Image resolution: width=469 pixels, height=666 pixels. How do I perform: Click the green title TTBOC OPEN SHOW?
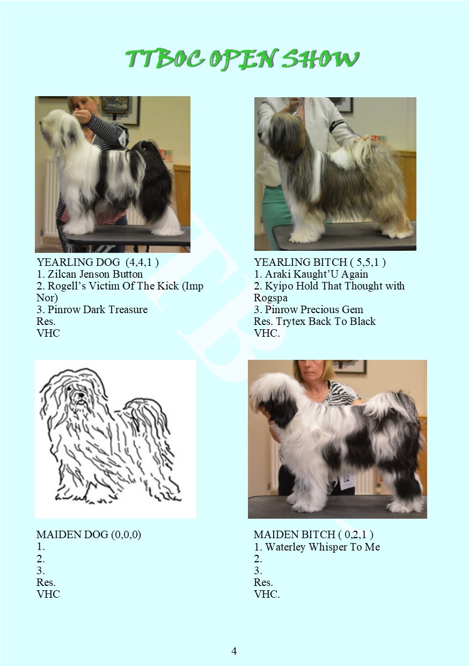tap(243, 59)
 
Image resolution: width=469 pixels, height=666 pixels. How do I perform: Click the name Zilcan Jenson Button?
tap(95, 274)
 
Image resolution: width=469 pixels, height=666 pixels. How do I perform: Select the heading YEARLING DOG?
tap(78, 262)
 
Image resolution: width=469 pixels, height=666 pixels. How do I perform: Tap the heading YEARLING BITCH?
tap(301, 262)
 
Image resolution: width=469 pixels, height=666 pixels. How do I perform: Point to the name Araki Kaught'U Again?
tap(316, 274)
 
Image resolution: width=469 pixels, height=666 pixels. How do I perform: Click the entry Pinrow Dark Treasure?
tap(98, 309)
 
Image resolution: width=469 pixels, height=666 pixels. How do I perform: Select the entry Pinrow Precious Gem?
tap(314, 309)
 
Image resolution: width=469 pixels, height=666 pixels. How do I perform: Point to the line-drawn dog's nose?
tap(80, 395)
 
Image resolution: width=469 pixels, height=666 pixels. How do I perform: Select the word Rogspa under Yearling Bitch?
tap(270, 298)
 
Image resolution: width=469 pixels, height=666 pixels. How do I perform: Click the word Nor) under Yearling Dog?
tap(47, 298)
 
